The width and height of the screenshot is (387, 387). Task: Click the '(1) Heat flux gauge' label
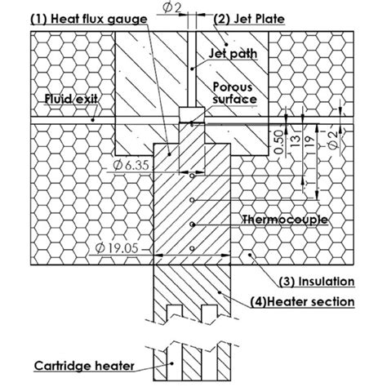[90, 17]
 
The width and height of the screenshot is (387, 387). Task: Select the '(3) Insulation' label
[316, 282]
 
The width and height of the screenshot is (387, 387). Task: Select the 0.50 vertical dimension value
[280, 143]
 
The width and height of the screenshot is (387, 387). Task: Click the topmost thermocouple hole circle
[191, 174]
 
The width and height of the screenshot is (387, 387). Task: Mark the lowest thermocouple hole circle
[191, 247]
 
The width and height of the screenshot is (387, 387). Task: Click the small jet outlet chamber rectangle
[190, 113]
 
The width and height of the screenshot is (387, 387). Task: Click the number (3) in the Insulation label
[288, 282]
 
